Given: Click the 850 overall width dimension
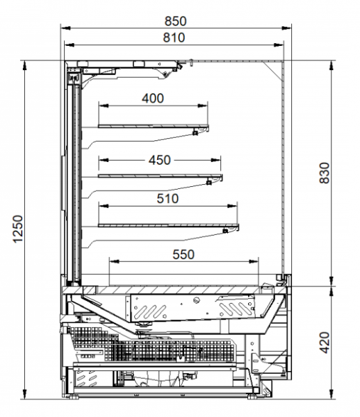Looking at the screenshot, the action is click(175, 22).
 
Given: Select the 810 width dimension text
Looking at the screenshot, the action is click(174, 38).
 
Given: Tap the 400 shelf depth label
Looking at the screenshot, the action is click(153, 99).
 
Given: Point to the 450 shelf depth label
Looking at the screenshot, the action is click(160, 160).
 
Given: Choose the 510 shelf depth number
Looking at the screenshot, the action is click(167, 199).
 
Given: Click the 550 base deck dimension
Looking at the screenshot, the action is click(183, 254).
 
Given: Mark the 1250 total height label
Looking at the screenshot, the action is click(18, 229).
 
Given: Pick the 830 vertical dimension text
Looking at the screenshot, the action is click(325, 173).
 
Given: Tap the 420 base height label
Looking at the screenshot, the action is click(325, 343).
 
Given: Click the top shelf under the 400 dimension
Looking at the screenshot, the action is click(153, 126).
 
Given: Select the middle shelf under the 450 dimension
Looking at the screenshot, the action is click(160, 176).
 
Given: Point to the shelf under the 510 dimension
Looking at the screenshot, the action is click(168, 225).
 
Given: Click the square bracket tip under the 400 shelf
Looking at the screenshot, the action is click(195, 133).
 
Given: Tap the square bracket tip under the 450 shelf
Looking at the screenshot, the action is click(209, 182).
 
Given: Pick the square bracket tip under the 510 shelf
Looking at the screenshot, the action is click(225, 231).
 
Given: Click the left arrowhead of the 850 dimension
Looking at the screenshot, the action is click(65, 27).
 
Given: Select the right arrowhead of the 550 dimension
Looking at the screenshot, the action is click(254, 262).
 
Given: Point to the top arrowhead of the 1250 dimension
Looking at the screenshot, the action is click(24, 65).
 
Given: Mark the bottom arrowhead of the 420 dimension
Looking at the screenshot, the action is click(332, 394).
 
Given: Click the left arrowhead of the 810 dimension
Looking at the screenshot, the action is click(69, 45).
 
